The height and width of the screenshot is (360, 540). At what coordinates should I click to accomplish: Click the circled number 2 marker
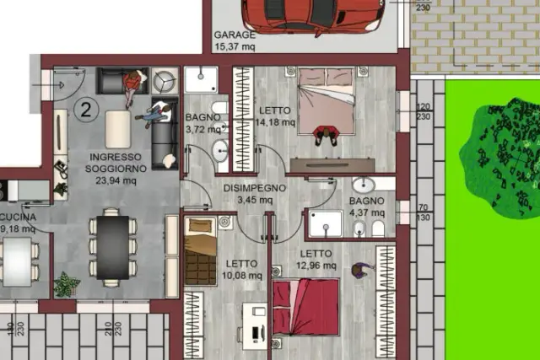coord(86,110)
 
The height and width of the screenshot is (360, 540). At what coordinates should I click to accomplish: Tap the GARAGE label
coord(235,35)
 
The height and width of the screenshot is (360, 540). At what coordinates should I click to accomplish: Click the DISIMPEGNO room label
coord(255,188)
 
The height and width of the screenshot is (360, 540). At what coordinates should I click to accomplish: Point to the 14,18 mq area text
coord(275,122)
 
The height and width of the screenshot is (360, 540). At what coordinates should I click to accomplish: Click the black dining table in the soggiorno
coord(112,247)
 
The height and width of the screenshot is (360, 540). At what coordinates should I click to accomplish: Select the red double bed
coord(306,307)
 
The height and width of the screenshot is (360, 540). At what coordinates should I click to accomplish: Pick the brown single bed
coord(201,251)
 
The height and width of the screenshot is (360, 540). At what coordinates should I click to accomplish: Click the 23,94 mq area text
coord(116,180)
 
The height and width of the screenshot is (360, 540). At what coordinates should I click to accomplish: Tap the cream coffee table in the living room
coord(118,129)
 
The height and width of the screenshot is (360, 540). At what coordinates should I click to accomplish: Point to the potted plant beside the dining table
coord(67,285)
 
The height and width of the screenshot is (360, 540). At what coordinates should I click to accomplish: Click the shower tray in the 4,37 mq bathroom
coord(326,224)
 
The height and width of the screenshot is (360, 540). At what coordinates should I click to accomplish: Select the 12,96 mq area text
coord(316,266)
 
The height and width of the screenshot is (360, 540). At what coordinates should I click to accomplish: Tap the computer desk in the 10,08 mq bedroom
coord(255,326)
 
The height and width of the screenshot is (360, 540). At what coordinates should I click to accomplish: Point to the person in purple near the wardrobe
coord(362,271)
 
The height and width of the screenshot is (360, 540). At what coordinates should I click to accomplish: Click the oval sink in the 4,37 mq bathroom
coord(364,185)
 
